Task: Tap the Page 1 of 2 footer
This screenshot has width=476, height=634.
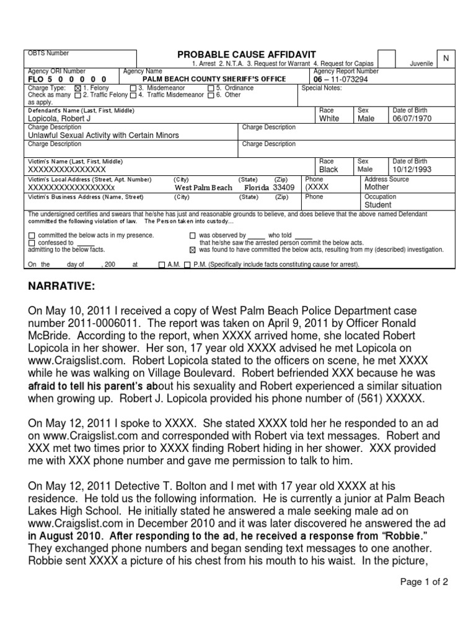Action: tap(424, 582)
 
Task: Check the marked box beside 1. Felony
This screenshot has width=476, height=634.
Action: tap(77, 89)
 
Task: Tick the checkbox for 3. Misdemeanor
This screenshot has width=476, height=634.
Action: tap(133, 89)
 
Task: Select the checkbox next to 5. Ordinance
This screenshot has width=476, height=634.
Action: tap(211, 89)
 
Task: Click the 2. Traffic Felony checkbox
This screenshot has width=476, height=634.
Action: tap(77, 95)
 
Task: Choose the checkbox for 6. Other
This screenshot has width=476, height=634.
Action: tap(211, 95)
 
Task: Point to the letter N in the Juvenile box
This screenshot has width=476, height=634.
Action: tap(445, 58)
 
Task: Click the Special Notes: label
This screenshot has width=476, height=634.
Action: tap(321, 88)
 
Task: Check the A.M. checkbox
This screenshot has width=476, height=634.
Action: tap(162, 264)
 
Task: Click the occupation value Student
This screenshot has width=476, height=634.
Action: tap(378, 205)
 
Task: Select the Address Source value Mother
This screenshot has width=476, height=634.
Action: tap(377, 187)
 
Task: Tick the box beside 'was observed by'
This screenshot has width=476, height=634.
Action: tap(192, 236)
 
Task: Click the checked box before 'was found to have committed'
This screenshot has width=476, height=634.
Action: tap(192, 250)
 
